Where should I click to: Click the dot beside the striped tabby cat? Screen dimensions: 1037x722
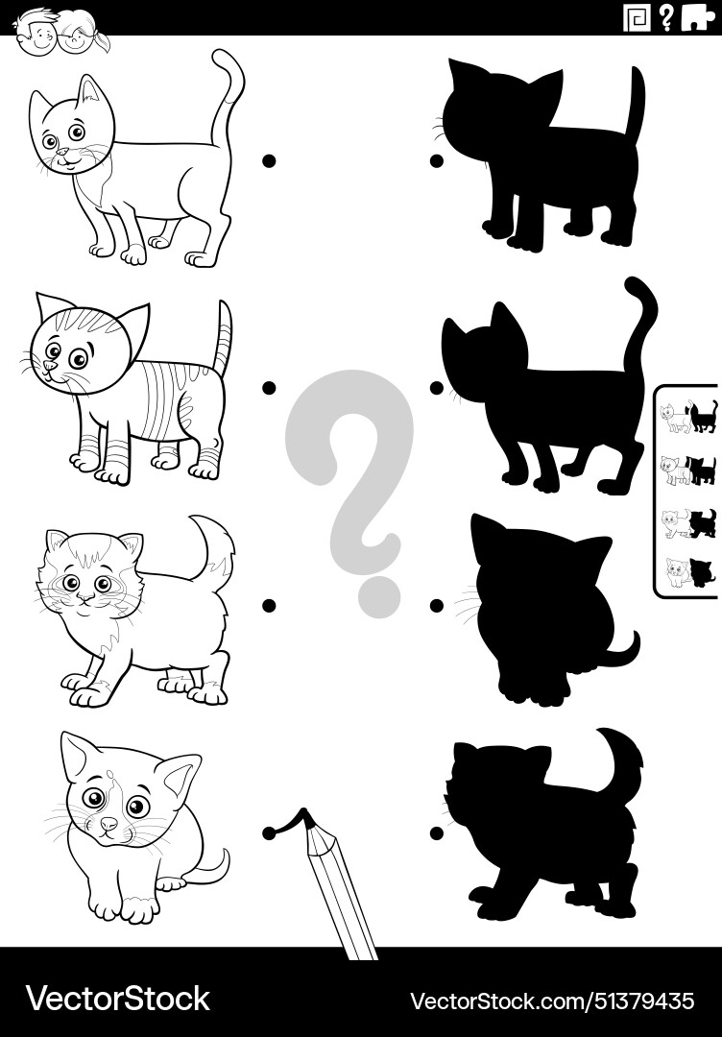pos(270,388)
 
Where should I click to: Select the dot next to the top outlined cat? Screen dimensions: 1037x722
pos(270,161)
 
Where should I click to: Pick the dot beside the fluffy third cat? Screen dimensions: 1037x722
pos(270,605)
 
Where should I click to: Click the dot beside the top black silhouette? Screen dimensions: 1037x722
pos(436,161)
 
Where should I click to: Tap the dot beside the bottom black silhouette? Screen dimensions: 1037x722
pos(436,832)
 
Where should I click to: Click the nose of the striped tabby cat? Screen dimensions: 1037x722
pos(51,366)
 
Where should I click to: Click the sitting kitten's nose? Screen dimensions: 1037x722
pos(108,823)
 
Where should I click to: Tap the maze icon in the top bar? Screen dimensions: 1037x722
pos(635,17)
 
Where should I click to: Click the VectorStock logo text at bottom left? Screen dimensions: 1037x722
pos(117,999)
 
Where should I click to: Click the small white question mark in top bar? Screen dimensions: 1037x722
pos(665,17)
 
